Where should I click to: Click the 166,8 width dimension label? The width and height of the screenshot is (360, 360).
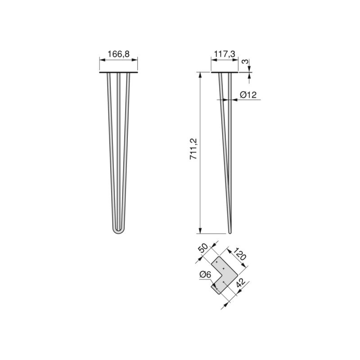click(118, 54)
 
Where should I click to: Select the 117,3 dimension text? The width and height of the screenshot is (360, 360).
click(224, 54)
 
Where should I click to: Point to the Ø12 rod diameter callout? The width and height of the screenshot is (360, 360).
click(248, 94)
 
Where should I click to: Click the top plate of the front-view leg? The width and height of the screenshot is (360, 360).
click(118, 73)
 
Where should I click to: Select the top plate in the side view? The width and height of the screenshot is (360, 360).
click(224, 73)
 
